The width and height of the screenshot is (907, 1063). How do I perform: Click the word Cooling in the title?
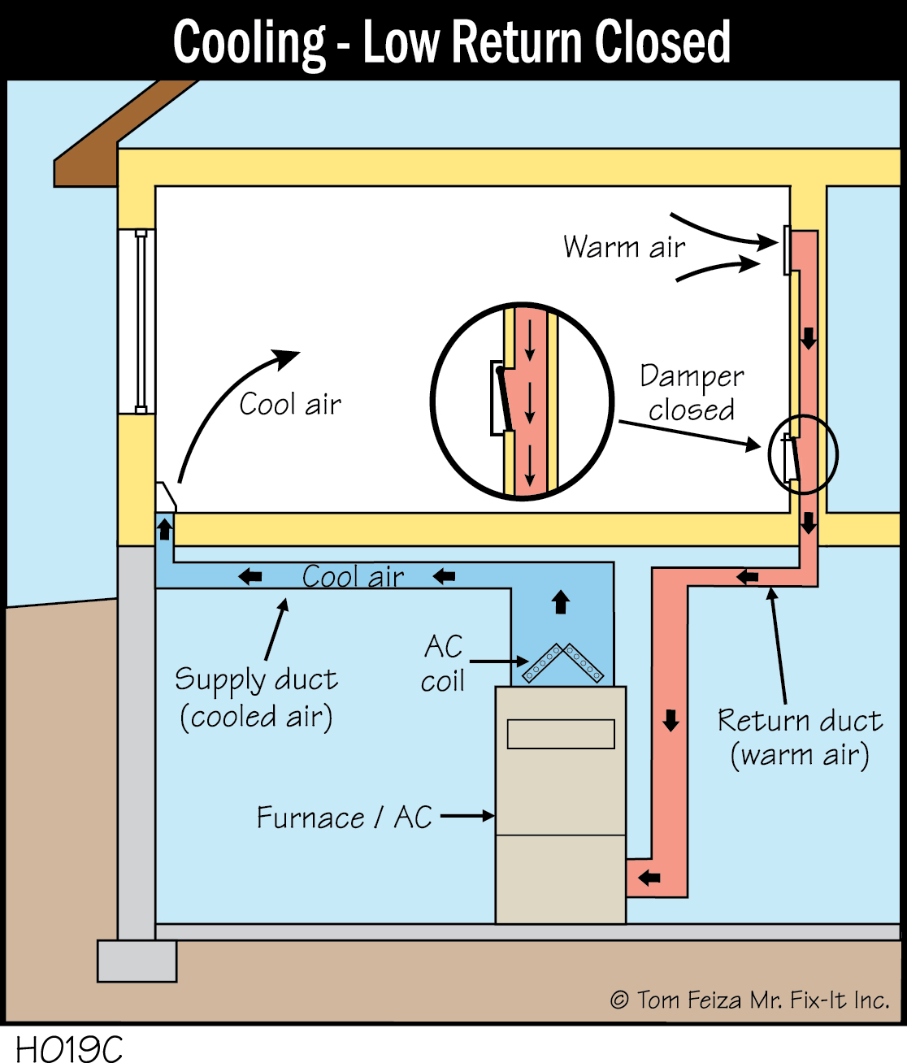249,42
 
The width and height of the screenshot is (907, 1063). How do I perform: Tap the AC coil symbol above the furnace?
562,663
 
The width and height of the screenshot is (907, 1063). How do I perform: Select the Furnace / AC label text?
344,817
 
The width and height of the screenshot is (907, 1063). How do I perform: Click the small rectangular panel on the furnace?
561,734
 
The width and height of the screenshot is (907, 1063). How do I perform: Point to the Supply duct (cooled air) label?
256,697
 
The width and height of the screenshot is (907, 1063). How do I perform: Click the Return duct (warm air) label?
800,737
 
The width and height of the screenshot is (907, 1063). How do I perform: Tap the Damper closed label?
692,393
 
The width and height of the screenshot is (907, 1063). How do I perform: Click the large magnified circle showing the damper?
522,401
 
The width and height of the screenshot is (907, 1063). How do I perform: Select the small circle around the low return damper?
802,455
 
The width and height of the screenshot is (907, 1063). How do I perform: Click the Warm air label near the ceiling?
624,246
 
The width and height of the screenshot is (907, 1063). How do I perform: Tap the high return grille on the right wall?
787,250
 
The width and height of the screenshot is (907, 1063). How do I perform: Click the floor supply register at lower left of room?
165,497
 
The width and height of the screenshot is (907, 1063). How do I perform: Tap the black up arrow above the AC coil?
561,602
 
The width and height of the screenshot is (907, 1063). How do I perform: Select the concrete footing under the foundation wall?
137,961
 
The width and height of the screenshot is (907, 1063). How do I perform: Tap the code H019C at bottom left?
69,1048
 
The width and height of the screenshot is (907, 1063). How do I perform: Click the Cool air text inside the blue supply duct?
353,576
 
